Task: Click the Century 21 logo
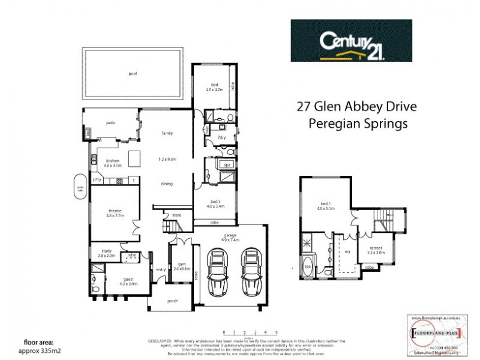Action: pos(351,40)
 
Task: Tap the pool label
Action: pos(133,74)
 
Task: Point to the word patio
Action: pos(110,122)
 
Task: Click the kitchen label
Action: pos(113,161)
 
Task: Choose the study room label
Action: pos(106,253)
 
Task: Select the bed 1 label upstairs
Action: pos(326,205)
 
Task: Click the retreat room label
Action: pos(375,248)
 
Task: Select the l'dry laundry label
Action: pos(221,137)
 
